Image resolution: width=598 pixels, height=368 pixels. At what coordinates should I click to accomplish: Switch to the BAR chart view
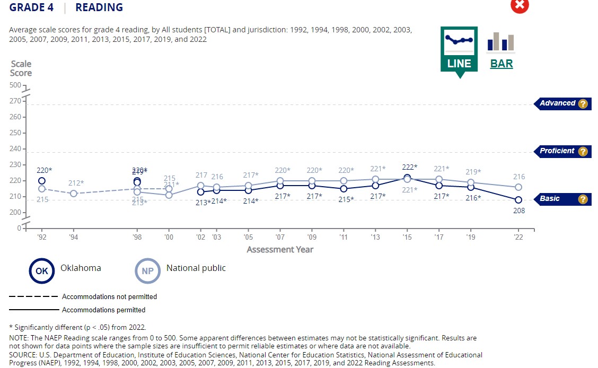[x=501, y=50]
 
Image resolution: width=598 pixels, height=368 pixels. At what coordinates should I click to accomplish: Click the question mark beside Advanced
[x=583, y=104]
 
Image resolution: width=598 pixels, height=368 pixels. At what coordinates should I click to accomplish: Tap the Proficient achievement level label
[x=557, y=151]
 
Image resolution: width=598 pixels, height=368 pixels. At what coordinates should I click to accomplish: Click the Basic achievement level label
[x=550, y=199]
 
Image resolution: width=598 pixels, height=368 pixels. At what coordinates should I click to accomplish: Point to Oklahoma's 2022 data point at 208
[x=518, y=200]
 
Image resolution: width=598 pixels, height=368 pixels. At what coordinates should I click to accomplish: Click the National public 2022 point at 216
[x=518, y=187]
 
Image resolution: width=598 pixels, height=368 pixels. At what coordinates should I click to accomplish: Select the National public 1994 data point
[x=74, y=194]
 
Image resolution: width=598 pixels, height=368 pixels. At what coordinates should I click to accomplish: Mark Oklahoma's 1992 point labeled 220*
[x=42, y=181]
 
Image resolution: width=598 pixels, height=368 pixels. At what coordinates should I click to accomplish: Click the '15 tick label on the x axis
[x=407, y=238]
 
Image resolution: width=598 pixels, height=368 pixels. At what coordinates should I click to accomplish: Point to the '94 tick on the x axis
[x=74, y=238]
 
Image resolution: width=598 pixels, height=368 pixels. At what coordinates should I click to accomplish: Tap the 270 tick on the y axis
[x=15, y=101]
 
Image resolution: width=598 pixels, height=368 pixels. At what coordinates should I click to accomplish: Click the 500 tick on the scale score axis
[x=15, y=85]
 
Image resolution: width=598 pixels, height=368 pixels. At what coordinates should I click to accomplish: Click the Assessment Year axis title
[x=280, y=250]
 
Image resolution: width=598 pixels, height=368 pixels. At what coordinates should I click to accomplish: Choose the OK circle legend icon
[x=41, y=271]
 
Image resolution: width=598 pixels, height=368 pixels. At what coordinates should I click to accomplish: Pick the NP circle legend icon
[x=147, y=271]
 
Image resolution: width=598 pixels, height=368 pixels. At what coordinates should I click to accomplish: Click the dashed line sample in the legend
[x=33, y=296]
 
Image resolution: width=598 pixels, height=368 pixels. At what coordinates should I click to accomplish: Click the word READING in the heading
[x=99, y=7]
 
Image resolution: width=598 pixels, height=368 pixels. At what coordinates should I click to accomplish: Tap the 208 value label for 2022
[x=518, y=211]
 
